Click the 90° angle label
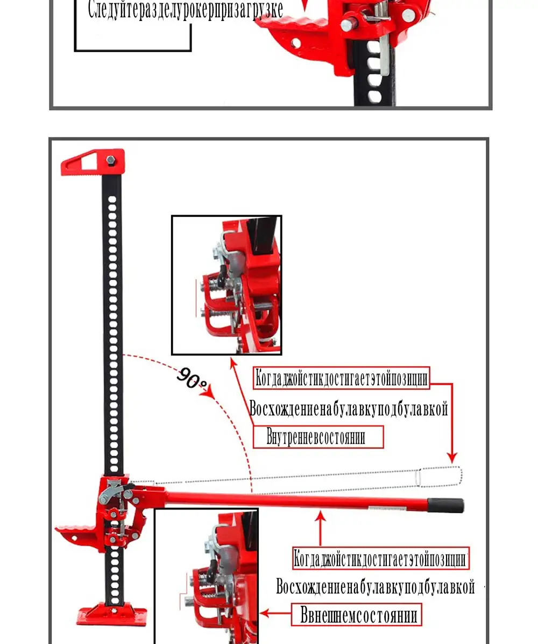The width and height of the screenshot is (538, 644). [x=192, y=378]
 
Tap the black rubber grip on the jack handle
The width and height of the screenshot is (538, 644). [x=445, y=505]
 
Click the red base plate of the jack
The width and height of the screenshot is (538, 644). [x=112, y=614]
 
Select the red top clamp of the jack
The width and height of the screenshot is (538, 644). [x=93, y=162]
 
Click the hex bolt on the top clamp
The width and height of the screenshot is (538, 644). [x=110, y=160]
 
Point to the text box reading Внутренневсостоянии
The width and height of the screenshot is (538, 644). [x=318, y=436]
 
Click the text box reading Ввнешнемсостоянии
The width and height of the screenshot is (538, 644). [x=357, y=614]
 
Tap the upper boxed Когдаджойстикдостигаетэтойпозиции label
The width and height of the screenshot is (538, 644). [x=341, y=378]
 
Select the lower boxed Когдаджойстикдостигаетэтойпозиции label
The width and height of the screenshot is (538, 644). [x=381, y=558]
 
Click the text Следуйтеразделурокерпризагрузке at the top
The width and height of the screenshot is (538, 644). [x=186, y=10]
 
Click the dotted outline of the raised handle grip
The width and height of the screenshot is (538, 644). [x=439, y=477]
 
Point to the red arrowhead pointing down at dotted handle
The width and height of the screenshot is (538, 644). [x=452, y=457]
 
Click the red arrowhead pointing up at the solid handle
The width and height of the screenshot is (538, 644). [x=320, y=516]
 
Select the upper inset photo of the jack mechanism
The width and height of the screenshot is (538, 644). [x=226, y=285]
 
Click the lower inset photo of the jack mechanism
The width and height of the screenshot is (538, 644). [x=207, y=576]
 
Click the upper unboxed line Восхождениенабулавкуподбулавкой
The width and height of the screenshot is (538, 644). [x=349, y=409]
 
